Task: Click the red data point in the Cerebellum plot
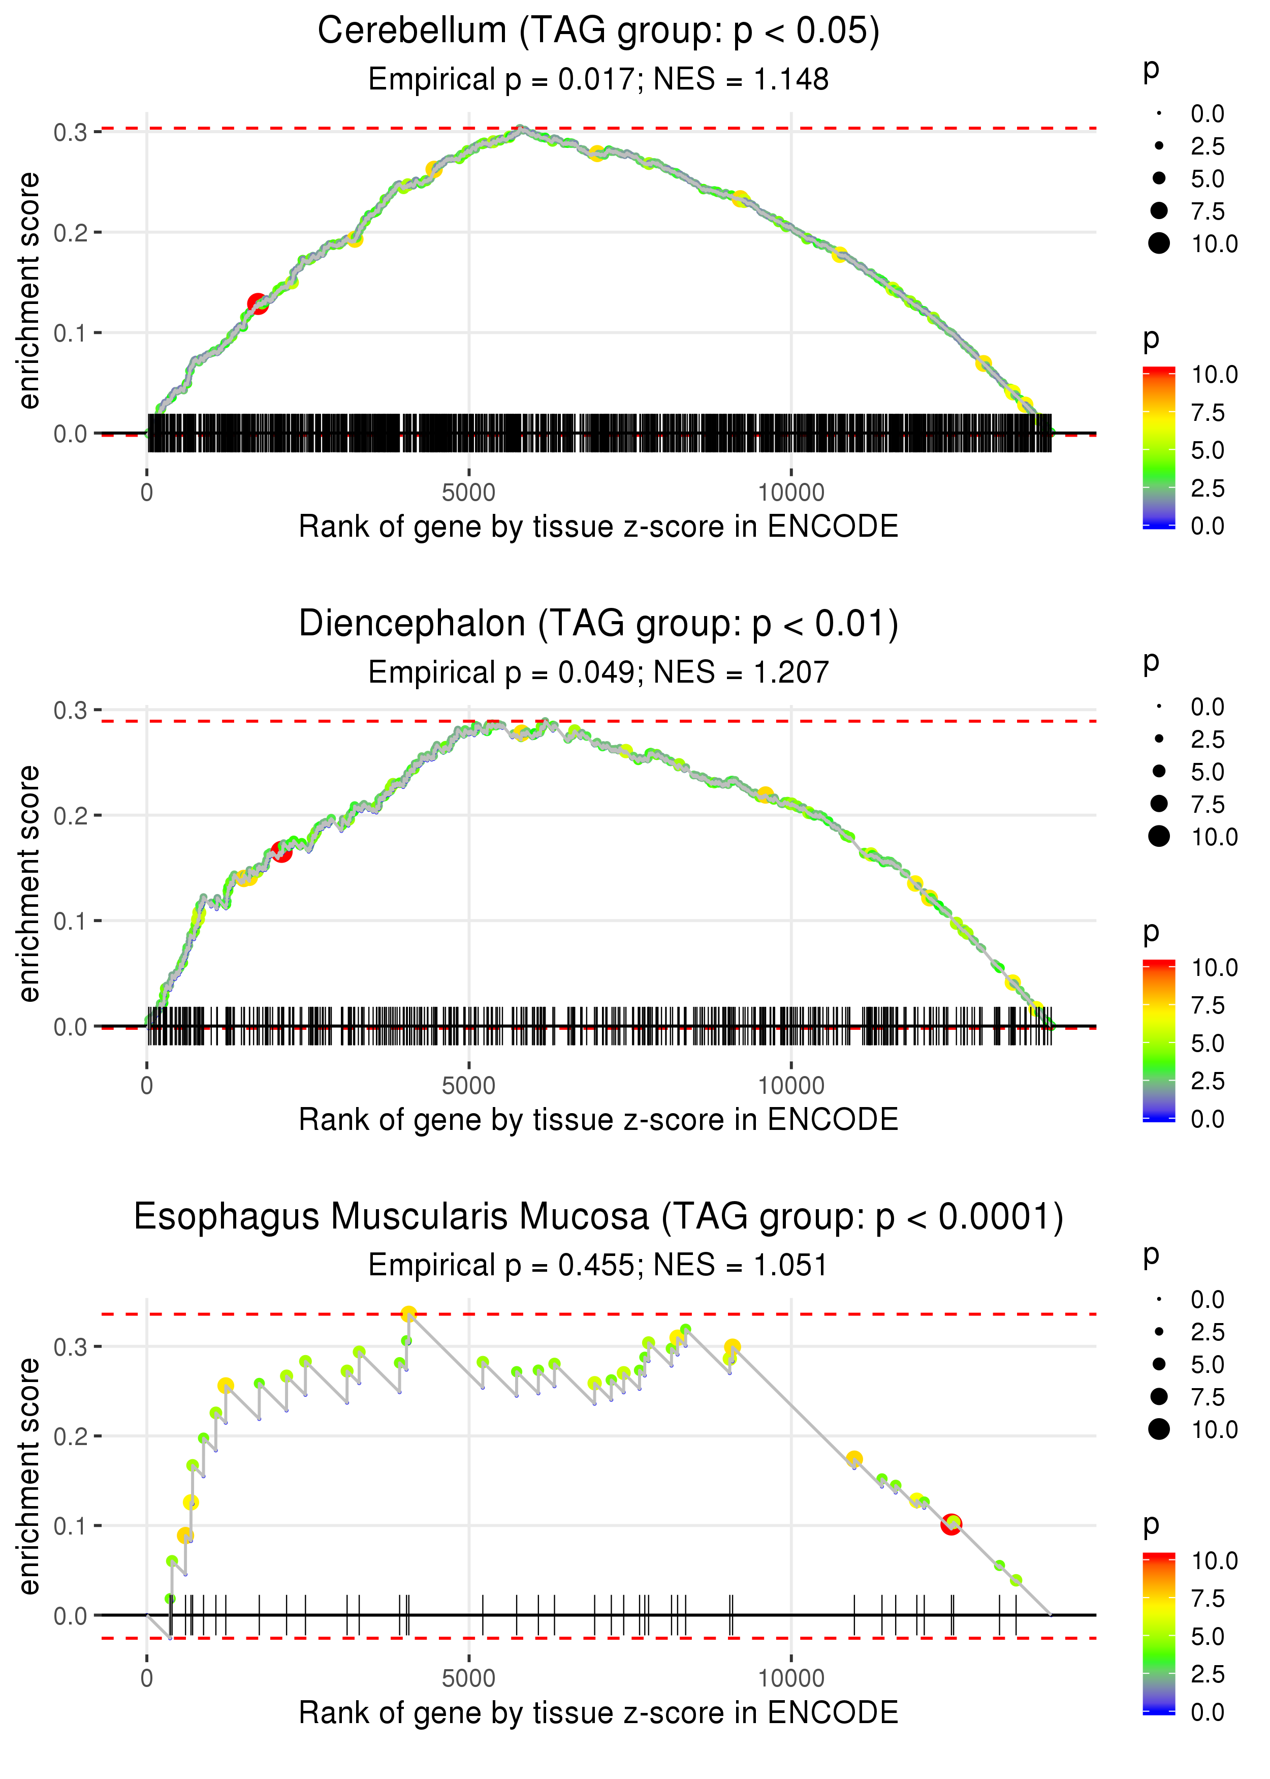pyautogui.click(x=257, y=303)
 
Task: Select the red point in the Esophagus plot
pyautogui.click(x=951, y=1524)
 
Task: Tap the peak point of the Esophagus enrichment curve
pyautogui.click(x=408, y=1314)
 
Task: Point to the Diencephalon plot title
pyautogui.click(x=598, y=624)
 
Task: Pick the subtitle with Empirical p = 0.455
pyautogui.click(x=598, y=1265)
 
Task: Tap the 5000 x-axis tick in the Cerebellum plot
pyautogui.click(x=468, y=493)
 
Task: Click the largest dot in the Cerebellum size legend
pyautogui.click(x=1159, y=243)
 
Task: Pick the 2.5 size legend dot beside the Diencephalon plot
pyautogui.click(x=1159, y=739)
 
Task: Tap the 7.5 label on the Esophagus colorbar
pyautogui.click(x=1208, y=1598)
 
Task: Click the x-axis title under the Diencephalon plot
pyautogui.click(x=598, y=1120)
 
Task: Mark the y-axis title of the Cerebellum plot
pyautogui.click(x=29, y=291)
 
